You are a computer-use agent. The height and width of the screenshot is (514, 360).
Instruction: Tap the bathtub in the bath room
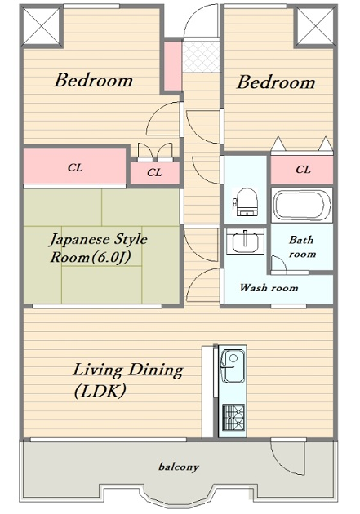tap(302, 206)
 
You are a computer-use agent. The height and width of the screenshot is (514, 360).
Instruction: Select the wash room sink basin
tap(245, 241)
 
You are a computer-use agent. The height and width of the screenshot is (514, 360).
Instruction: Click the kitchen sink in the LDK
tap(233, 366)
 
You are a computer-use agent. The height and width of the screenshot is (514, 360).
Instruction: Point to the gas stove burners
tap(233, 418)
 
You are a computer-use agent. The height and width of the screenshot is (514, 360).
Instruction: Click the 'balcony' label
tap(179, 467)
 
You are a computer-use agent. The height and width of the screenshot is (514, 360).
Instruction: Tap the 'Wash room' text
tap(269, 288)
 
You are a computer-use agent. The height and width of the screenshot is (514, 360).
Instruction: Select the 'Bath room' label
tap(302, 246)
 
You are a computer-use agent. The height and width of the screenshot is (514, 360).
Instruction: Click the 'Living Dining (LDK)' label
tap(127, 380)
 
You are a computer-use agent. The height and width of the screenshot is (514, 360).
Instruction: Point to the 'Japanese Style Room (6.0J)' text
tap(98, 249)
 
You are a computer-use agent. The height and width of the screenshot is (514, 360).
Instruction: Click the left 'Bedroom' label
tap(93, 80)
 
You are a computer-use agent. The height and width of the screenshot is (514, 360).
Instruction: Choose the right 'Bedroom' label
tap(276, 82)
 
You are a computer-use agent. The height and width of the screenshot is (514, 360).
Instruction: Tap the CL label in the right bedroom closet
tap(303, 170)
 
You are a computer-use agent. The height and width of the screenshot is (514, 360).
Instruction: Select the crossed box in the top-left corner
tap(42, 25)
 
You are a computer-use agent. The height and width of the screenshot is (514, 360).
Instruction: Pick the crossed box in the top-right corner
tap(315, 25)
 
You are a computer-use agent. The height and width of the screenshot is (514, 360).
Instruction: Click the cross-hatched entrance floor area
tap(201, 56)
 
